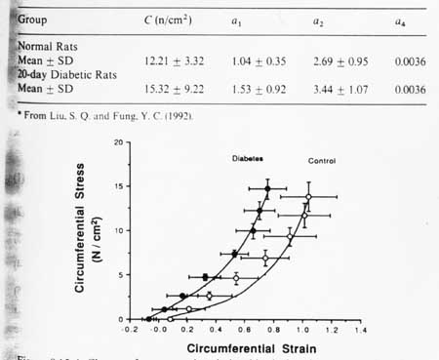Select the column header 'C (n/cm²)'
[172, 19]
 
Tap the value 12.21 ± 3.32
[172, 60]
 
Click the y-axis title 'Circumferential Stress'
[95, 230]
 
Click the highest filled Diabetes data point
[266, 188]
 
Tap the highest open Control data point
[308, 197]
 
